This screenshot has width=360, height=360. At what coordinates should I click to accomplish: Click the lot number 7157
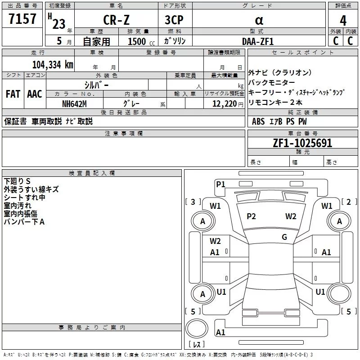[x=22, y=20]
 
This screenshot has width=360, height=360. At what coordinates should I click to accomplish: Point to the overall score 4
[x=343, y=21]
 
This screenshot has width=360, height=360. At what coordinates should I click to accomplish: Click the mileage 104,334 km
[x=52, y=64]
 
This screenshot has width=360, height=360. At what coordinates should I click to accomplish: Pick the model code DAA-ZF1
[x=257, y=41]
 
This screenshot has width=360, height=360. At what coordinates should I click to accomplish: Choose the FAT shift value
[x=13, y=94]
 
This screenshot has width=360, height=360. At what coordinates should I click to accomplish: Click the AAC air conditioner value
[x=34, y=94]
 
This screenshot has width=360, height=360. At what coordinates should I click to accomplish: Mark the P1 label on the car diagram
[x=220, y=184]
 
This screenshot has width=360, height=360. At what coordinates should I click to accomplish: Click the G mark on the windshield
[x=284, y=237]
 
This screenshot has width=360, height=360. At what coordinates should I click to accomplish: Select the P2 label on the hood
[x=251, y=216]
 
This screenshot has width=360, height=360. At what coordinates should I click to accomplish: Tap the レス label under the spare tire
[x=196, y=345]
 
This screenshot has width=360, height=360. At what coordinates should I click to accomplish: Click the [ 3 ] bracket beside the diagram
[x=193, y=202]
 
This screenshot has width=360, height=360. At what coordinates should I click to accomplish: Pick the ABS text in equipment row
[x=258, y=121]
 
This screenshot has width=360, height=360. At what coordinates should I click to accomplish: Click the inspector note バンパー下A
[x=24, y=222]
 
